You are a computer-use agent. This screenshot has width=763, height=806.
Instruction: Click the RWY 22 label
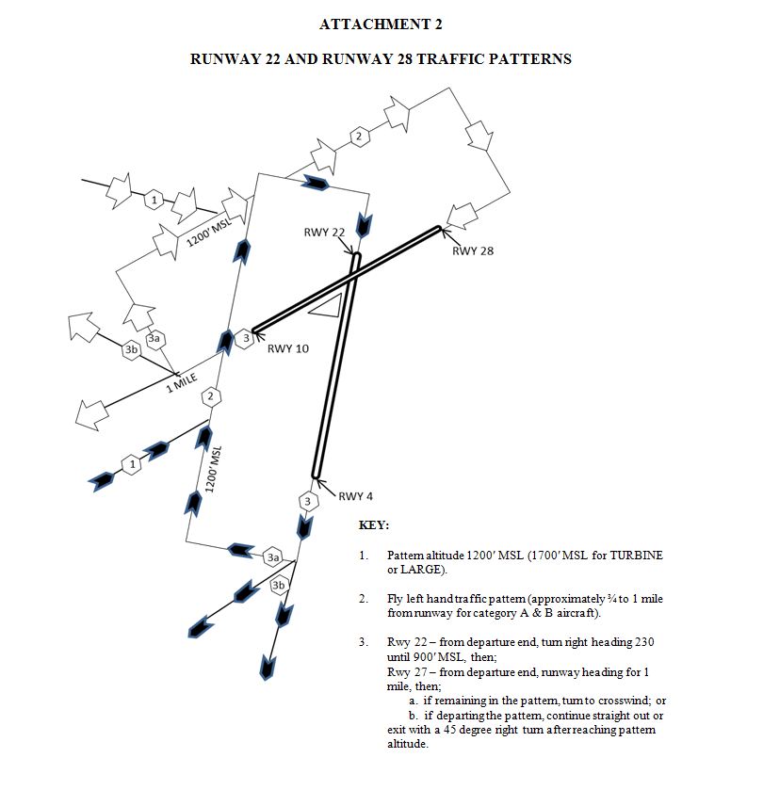point(324,233)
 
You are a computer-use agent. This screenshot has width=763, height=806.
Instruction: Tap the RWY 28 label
point(472,250)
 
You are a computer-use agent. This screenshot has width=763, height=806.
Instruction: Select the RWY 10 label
point(287,348)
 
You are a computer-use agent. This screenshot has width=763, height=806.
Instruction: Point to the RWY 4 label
point(356,496)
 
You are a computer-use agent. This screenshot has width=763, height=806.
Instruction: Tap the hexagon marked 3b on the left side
point(132,350)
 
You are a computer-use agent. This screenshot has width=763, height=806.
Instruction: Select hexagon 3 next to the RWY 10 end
point(245,337)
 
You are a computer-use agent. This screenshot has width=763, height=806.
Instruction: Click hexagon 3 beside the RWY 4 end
point(307,501)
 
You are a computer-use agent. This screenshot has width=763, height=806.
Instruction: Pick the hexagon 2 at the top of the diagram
point(357,137)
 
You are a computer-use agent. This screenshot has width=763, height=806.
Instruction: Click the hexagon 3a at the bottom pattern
point(273,557)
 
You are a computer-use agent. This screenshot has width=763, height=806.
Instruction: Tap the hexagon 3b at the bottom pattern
point(279,586)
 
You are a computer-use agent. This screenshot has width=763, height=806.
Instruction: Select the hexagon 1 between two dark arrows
point(133,464)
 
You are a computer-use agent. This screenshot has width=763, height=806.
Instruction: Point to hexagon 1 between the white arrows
point(155,199)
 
